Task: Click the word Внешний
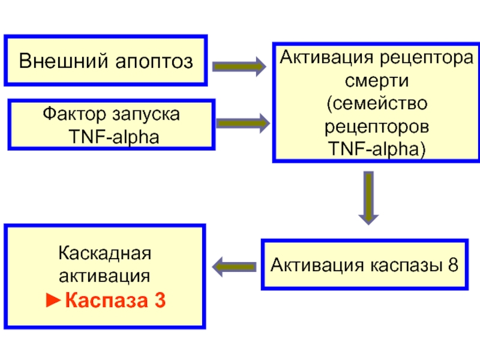tap(64, 61)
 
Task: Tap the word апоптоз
tap(154, 62)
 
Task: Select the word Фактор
tap(74, 114)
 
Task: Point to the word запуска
tap(146, 115)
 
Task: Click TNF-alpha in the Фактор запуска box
tap(114, 137)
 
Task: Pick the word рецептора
tap(427, 58)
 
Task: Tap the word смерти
tap(377, 81)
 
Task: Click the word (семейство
tap(377, 103)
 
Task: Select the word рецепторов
tap(377, 127)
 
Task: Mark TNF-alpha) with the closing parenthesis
tap(377, 149)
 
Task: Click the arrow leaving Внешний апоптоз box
tap(239, 67)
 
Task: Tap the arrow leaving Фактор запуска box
tap(243, 123)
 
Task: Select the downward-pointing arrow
tap(368, 198)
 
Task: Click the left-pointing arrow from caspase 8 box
tap(235, 267)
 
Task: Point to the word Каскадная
tap(104, 253)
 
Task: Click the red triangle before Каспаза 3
tap(53, 300)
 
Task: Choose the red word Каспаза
tap(107, 301)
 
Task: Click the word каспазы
tap(406, 265)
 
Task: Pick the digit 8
tap(453, 265)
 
